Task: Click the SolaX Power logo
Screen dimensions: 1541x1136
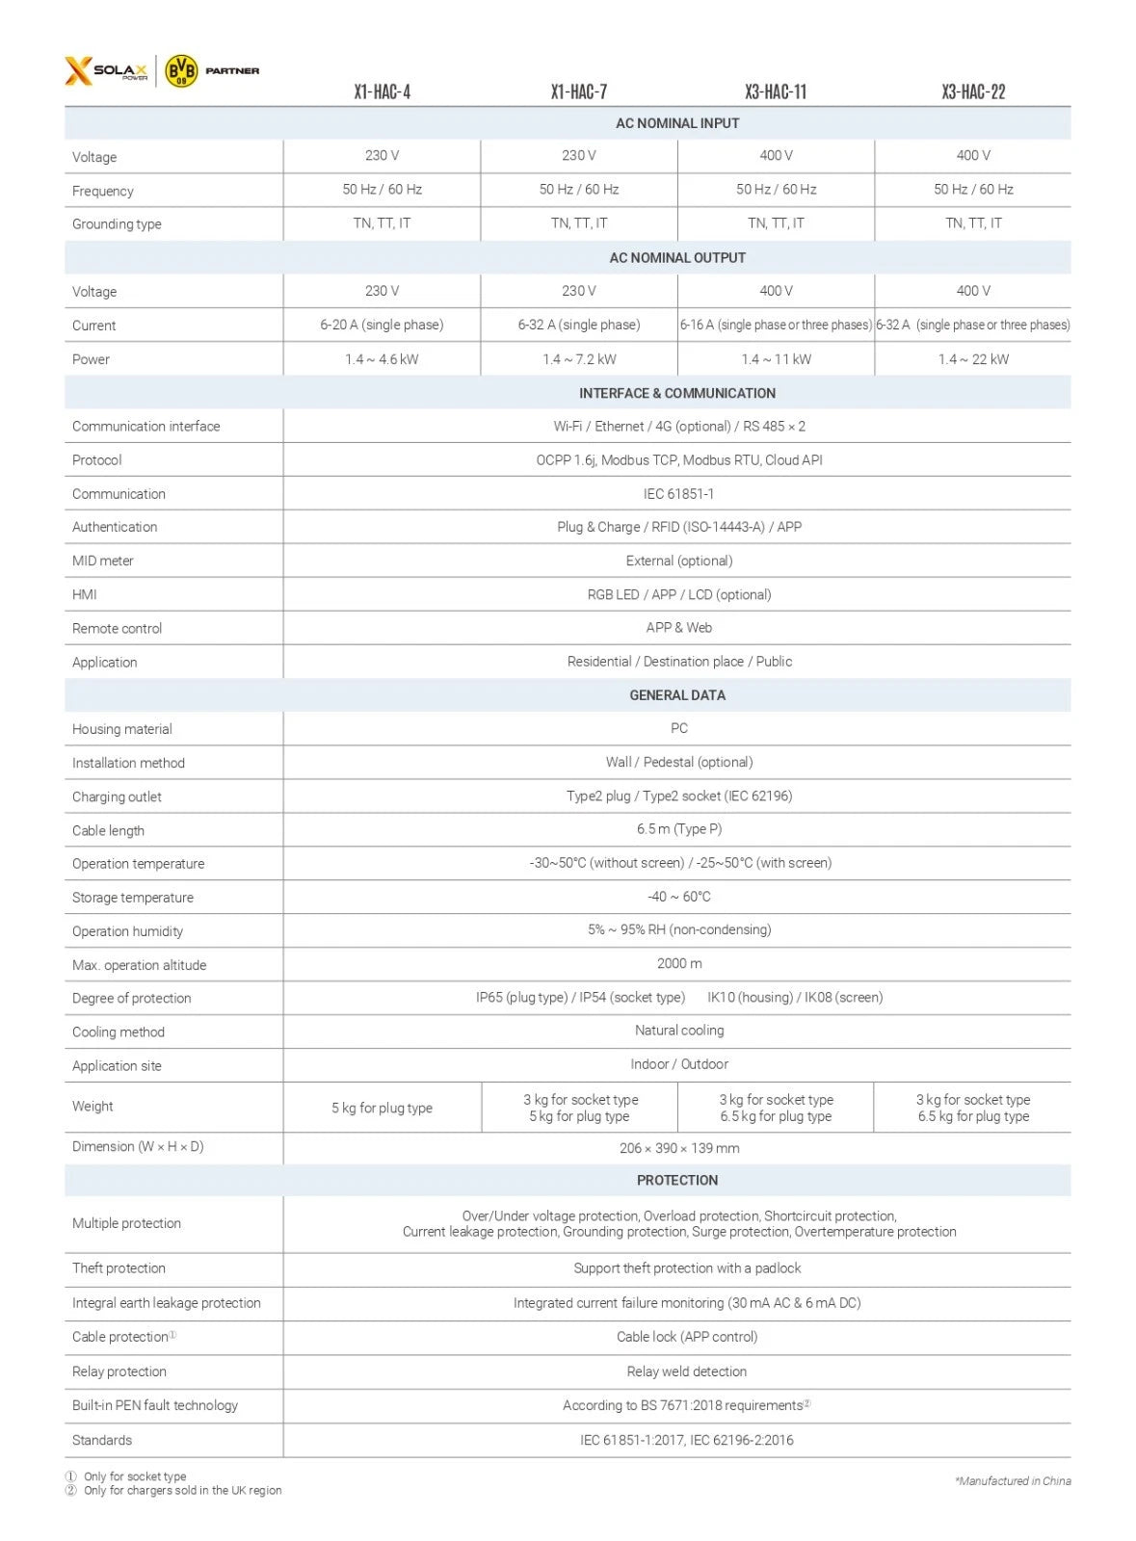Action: [107, 71]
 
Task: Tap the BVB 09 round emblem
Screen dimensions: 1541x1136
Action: [181, 71]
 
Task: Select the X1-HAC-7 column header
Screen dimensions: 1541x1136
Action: [578, 92]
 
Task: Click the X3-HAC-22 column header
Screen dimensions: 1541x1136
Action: [973, 92]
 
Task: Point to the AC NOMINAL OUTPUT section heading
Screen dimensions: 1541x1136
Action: [677, 258]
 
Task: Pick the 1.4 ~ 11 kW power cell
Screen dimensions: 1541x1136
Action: [776, 359]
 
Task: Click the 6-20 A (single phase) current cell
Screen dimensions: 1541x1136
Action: [382, 326]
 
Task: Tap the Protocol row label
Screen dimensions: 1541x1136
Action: [97, 460]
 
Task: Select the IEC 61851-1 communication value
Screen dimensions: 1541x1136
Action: [678, 494]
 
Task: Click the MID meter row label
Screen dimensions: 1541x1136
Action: [103, 561]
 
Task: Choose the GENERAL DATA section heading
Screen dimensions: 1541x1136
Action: [677, 695]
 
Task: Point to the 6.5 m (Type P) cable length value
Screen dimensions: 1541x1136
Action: [678, 829]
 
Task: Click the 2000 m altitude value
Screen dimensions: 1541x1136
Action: [679, 964]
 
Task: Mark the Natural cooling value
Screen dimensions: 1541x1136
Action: [679, 1031]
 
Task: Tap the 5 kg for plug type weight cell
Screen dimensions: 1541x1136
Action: [382, 1109]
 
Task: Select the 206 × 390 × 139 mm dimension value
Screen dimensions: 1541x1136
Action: [679, 1148]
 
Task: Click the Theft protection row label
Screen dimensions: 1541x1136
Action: [119, 1268]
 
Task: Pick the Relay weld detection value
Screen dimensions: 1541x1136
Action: [686, 1371]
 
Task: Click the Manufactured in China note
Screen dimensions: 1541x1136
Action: [1013, 1481]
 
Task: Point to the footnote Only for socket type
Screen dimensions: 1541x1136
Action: [135, 1476]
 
